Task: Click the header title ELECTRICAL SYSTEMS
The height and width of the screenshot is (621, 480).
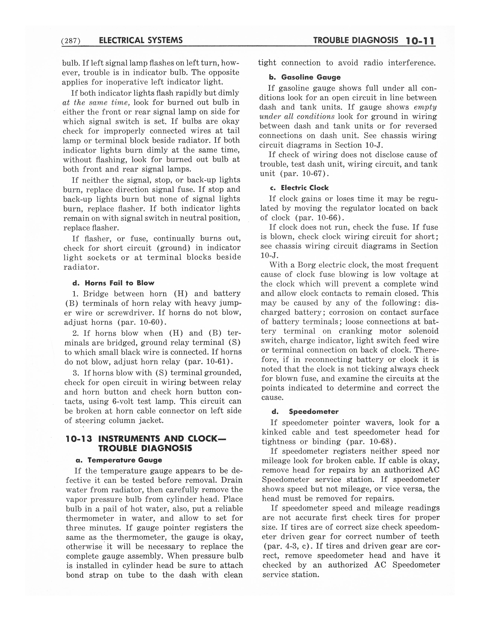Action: click(x=141, y=40)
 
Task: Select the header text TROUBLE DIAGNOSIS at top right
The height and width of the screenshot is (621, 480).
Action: click(x=355, y=40)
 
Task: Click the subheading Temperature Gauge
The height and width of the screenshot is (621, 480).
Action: click(x=125, y=460)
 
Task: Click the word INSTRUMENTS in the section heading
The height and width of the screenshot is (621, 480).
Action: click(x=130, y=439)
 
